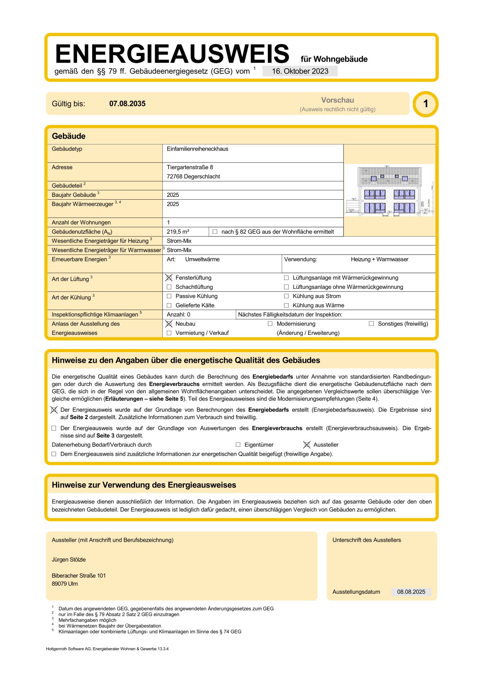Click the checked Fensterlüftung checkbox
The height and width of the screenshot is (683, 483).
click(169, 278)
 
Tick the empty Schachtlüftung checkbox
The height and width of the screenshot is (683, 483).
click(169, 287)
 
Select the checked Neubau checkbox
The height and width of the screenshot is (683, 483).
click(169, 324)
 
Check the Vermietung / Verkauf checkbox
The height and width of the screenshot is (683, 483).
click(169, 333)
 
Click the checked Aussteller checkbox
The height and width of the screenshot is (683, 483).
click(307, 445)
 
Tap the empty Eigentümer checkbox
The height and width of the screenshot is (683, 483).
click(238, 445)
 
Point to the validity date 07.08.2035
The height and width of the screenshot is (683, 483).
click(127, 104)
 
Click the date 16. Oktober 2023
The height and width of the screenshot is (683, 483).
click(300, 71)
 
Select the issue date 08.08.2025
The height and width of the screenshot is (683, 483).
click(411, 592)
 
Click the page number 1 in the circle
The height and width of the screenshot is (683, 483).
click(425, 104)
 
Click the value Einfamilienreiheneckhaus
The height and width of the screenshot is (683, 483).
click(197, 149)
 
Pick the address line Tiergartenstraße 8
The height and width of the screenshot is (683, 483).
click(190, 167)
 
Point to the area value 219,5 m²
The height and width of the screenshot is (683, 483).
click(178, 232)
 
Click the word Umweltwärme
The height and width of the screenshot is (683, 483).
click(202, 259)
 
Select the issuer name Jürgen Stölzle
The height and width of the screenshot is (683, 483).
click(69, 560)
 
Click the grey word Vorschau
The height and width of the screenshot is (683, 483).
click(337, 100)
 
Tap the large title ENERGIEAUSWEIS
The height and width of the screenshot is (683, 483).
click(172, 54)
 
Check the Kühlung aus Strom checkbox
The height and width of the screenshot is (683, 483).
click(287, 296)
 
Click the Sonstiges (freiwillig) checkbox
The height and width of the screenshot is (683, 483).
click(371, 324)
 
